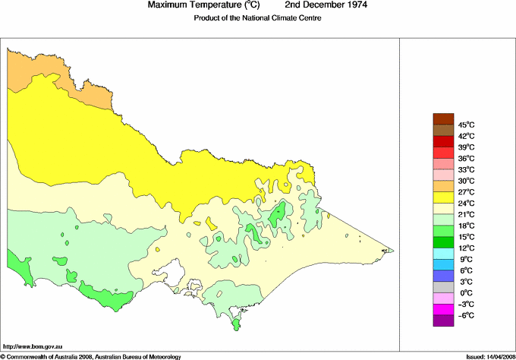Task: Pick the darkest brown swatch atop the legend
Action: point(442,118)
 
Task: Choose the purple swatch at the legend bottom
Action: point(442,321)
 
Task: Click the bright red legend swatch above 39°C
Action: point(442,141)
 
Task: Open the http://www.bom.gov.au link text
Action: point(33,346)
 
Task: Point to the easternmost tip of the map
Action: point(392,250)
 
